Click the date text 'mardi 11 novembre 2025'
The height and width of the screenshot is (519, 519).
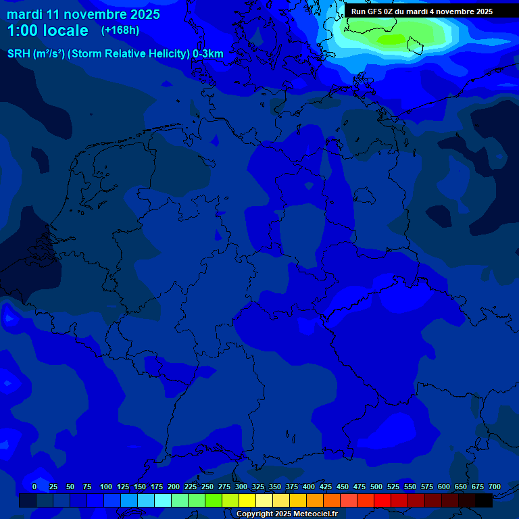click(83, 14)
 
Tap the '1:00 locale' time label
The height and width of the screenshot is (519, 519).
click(47, 30)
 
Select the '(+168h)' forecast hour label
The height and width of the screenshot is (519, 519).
click(120, 30)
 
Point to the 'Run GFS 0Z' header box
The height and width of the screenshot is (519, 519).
click(422, 11)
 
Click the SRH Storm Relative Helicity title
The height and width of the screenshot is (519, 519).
click(115, 53)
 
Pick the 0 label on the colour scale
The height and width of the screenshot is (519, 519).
click(34, 487)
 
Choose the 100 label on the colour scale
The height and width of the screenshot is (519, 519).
click(106, 487)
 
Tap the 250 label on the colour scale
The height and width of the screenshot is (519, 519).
click(207, 487)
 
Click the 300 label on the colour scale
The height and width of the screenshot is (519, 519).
click(241, 487)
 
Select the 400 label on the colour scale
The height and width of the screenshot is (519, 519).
click(309, 487)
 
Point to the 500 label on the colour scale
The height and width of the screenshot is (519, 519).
click(376, 487)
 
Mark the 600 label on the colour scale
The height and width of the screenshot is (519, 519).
click(444, 487)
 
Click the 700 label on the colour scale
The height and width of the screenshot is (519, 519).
click(495, 487)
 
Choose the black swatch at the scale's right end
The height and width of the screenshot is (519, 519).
click(484, 501)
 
